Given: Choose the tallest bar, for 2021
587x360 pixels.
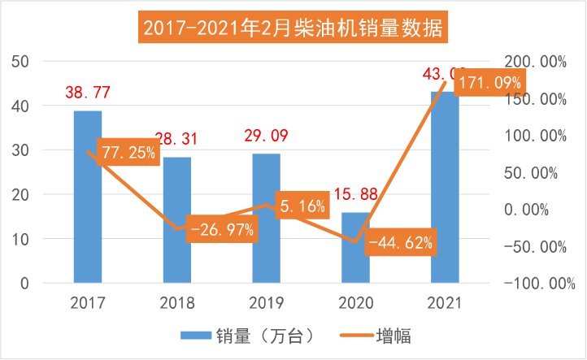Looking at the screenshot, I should [445, 195].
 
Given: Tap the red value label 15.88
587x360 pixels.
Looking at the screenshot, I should [355, 196].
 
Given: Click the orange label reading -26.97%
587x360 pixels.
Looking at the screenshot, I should [221, 229].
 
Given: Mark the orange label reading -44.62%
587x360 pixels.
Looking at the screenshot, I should [400, 242].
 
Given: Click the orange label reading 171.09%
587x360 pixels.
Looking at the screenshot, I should [488, 83].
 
